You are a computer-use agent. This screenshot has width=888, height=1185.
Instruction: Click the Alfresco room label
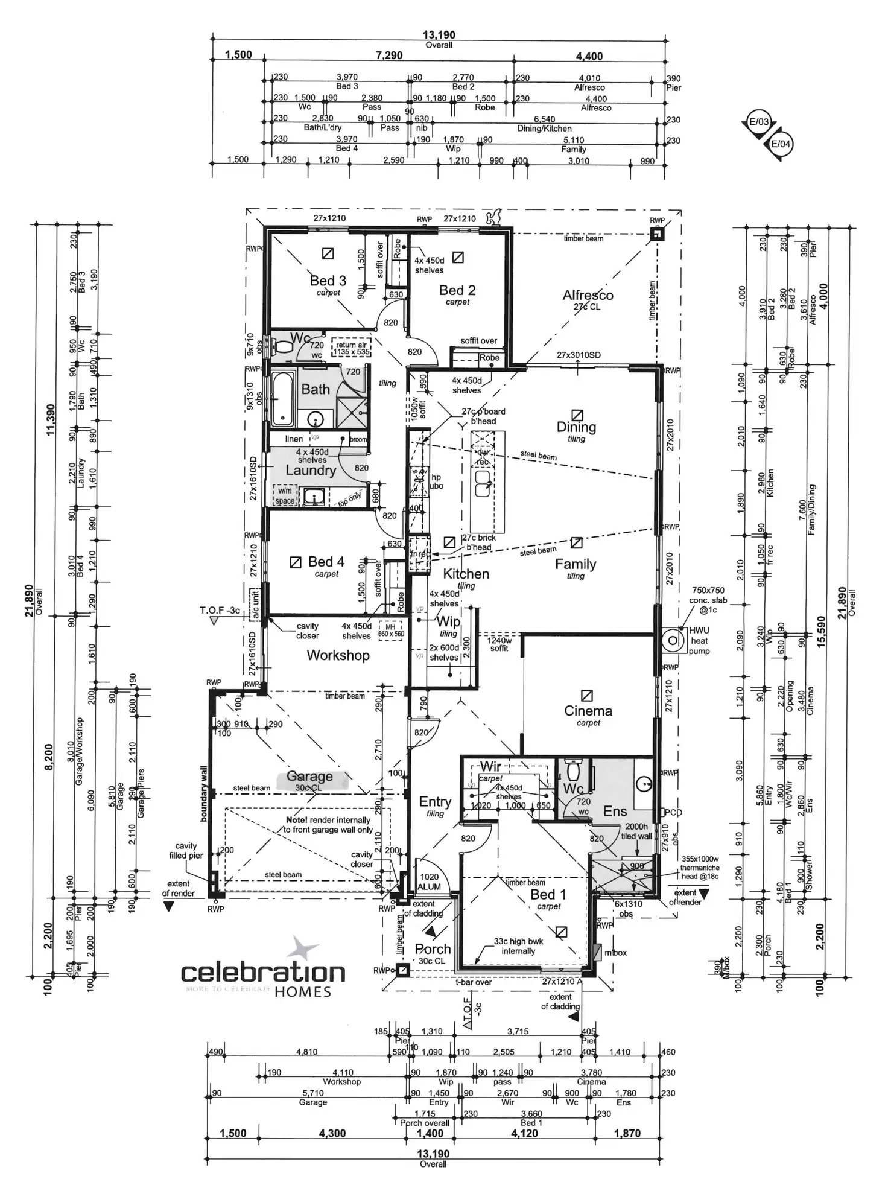[588, 295]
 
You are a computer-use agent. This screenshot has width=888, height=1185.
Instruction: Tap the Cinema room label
[588, 711]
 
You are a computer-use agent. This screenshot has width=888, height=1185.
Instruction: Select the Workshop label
[338, 655]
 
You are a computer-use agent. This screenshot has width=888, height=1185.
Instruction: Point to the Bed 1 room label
[548, 894]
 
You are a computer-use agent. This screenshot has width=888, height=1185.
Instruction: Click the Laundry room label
[311, 471]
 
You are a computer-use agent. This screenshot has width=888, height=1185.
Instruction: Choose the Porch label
[433, 949]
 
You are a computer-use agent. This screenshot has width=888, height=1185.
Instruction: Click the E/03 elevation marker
[758, 122]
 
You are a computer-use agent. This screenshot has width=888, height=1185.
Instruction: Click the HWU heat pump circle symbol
[671, 640]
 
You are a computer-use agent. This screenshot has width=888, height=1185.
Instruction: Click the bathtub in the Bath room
[281, 399]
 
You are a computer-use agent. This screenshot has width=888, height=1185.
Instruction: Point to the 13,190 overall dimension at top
[439, 36]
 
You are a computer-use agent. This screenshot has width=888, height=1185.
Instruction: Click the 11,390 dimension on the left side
[51, 419]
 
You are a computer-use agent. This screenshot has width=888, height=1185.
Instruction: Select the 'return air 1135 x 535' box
[350, 348]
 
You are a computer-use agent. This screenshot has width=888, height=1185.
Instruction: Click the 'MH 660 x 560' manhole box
[390, 631]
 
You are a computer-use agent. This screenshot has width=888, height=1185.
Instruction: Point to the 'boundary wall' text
[203, 794]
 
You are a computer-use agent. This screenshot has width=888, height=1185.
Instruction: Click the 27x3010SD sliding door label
[579, 355]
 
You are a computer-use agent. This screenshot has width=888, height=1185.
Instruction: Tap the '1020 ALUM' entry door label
[429, 882]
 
